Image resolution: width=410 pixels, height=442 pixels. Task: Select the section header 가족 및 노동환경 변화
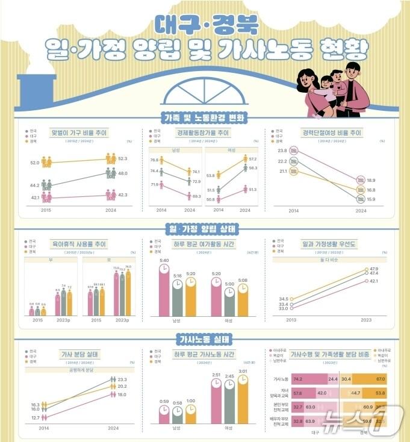click(205, 117)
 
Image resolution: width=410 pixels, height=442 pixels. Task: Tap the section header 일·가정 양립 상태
click(205, 229)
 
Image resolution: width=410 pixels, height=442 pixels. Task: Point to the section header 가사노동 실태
click(205, 339)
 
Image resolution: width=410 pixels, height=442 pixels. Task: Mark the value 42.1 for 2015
click(34, 198)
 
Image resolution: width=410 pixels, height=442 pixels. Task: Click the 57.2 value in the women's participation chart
click(253, 158)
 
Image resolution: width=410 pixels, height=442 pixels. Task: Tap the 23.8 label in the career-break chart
click(282, 151)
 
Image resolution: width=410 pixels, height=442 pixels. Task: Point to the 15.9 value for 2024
click(371, 199)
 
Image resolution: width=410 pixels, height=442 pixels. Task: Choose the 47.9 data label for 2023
click(373, 269)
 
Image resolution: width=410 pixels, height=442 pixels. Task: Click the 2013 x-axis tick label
click(292, 320)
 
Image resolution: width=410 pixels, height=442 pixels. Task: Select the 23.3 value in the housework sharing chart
click(121, 379)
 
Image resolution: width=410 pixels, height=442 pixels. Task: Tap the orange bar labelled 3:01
click(243, 399)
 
